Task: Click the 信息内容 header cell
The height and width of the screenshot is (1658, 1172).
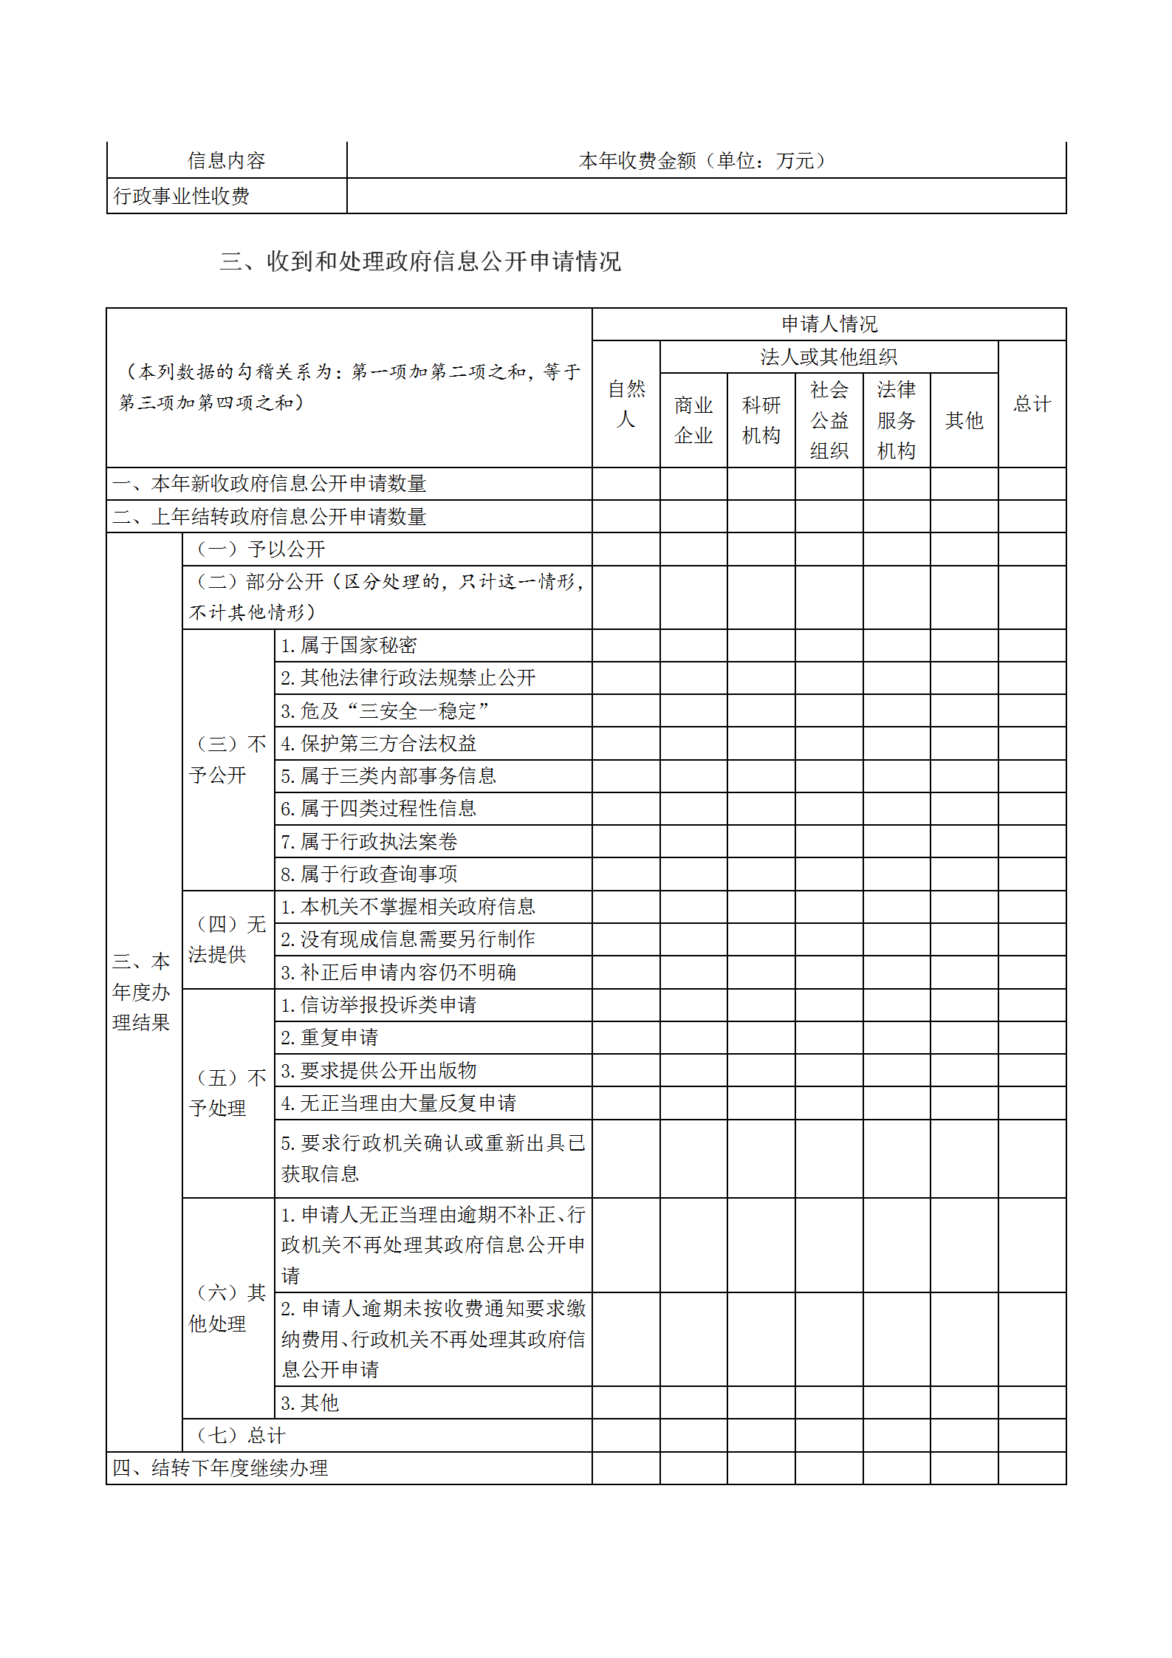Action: coord(226,160)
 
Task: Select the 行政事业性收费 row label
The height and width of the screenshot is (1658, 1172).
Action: coord(182,196)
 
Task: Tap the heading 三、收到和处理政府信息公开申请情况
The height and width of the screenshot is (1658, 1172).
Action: coord(420,261)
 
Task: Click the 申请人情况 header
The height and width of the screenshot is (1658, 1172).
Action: coord(829,323)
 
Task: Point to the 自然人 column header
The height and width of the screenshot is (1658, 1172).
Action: coord(626,403)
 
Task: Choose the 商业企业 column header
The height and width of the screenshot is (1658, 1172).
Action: coord(693,419)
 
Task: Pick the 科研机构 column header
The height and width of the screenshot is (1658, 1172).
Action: coord(761,419)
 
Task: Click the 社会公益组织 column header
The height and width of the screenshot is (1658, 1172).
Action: coord(829,419)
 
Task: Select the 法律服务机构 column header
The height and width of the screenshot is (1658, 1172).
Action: coord(896,419)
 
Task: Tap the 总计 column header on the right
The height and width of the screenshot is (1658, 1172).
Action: coord(1032,403)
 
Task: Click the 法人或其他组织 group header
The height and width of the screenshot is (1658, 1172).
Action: coord(829,357)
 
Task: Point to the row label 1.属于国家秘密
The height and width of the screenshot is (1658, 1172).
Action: coord(349,645)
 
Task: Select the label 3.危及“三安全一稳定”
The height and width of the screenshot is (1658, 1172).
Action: coord(385,710)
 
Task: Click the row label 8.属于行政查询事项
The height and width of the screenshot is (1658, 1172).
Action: coord(369,874)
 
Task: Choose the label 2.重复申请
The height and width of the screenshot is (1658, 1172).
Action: coord(329,1037)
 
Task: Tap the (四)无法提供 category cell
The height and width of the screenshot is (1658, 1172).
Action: coord(227,939)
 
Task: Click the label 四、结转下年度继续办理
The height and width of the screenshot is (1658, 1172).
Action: coord(220,1467)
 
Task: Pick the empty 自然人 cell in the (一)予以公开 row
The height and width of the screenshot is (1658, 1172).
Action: coord(626,549)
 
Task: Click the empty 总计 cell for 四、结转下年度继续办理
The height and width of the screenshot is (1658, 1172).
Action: coord(1032,1467)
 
